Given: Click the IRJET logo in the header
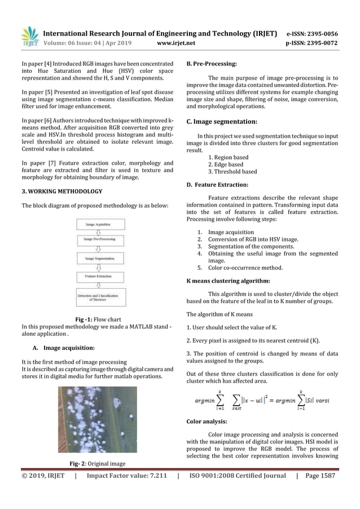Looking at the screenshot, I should coord(29,37).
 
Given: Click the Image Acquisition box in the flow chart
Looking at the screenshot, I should coord(98,224).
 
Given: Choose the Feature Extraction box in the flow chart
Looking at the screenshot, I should coord(98,277).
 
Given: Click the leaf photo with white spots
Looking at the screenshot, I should coord(97,419).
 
